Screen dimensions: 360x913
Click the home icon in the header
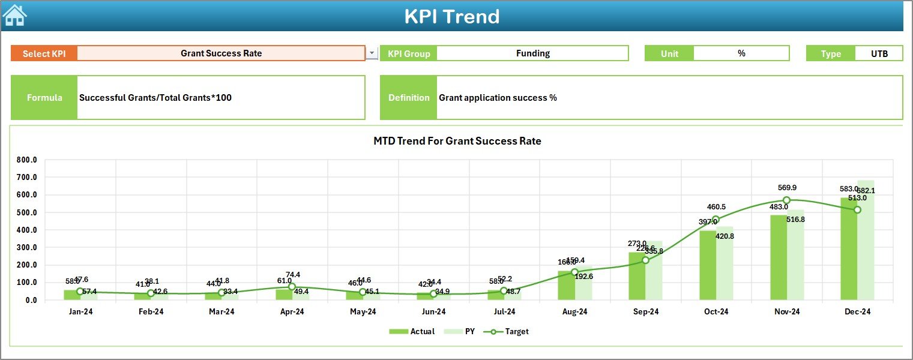(14, 16)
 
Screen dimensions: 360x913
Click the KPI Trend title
(452, 16)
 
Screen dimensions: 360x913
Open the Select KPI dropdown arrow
(372, 53)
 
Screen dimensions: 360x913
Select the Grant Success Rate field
(221, 53)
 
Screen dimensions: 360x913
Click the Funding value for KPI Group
(532, 53)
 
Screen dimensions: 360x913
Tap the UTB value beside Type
(879, 53)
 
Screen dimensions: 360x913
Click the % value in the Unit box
(741, 53)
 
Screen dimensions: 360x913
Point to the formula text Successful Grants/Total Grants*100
(155, 98)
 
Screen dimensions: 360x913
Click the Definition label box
(409, 98)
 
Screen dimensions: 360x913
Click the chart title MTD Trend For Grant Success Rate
(457, 142)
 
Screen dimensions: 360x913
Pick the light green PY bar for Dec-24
(866, 240)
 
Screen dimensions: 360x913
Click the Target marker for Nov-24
(786, 200)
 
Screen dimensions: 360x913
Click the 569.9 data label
(786, 188)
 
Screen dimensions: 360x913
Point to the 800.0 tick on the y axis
(27, 160)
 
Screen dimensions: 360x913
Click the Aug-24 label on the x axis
(574, 312)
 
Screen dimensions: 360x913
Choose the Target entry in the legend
(510, 331)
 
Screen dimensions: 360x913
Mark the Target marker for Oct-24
(716, 220)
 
